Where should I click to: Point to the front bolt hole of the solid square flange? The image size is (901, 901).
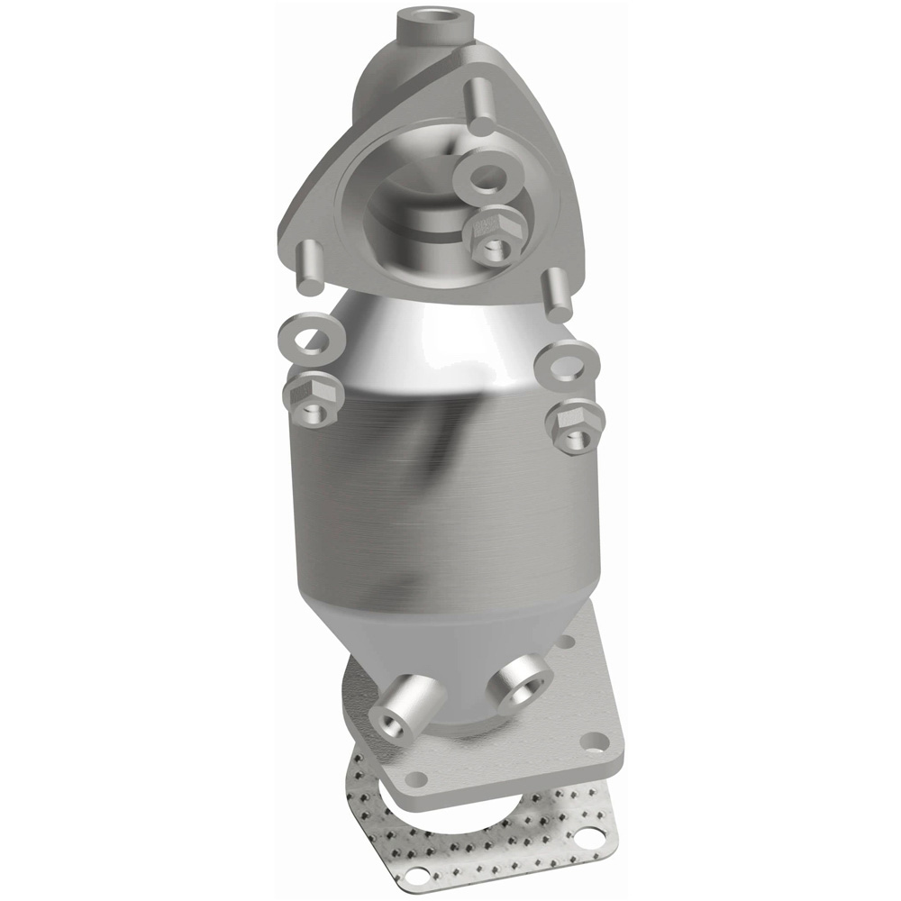[x=415, y=776]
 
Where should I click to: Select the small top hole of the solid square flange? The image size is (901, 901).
[x=565, y=642]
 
